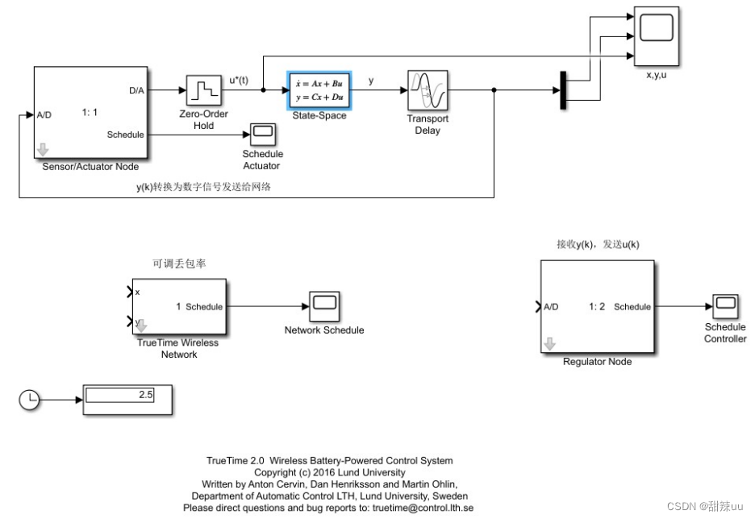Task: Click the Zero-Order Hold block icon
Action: click(x=203, y=90)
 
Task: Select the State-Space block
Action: click(x=319, y=89)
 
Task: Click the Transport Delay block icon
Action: click(x=428, y=90)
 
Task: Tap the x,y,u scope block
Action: click(x=656, y=35)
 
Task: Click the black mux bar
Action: click(x=561, y=89)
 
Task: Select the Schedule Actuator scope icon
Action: click(x=262, y=133)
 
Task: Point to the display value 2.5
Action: click(x=145, y=395)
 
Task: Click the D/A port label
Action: click(x=136, y=91)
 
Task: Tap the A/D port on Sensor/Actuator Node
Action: click(x=44, y=114)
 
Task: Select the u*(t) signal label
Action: click(x=240, y=79)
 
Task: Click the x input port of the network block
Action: click(x=137, y=291)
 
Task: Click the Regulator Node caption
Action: click(x=597, y=362)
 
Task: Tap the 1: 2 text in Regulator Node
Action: click(x=597, y=306)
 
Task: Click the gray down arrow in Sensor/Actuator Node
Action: click(x=42, y=148)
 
